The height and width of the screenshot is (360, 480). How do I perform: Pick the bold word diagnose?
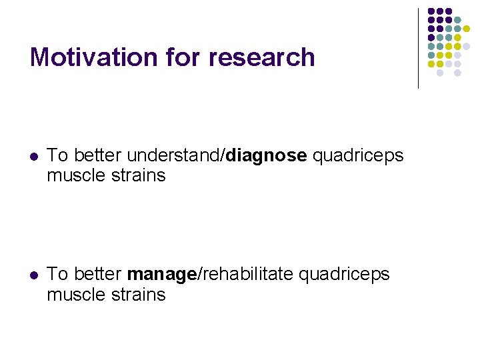click(x=267, y=156)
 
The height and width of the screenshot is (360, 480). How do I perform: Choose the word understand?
click(x=174, y=156)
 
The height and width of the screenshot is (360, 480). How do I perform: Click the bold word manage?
click(x=161, y=274)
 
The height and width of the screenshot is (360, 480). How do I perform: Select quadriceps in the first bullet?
click(x=358, y=156)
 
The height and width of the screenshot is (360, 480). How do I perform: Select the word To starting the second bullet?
click(x=57, y=274)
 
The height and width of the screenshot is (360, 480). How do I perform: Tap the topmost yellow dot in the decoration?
click(x=466, y=29)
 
